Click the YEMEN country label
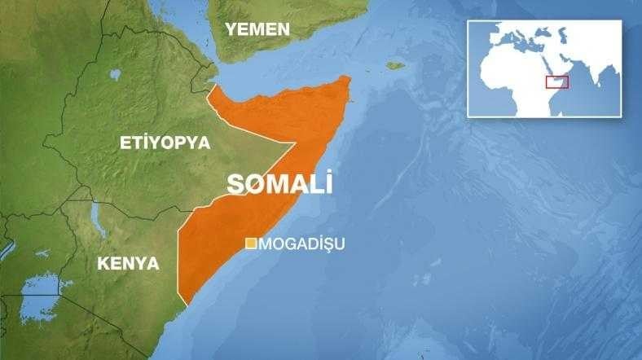[x=257, y=29]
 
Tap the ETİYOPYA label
[x=165, y=143]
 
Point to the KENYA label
[x=128, y=263]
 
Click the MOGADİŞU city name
[x=301, y=244]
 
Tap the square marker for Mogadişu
[x=252, y=243]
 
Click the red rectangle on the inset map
[x=556, y=81]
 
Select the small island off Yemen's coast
[x=396, y=65]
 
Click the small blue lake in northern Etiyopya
[x=116, y=74]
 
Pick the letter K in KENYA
[x=103, y=263]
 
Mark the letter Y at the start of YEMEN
[x=231, y=29]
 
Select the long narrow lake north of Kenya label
[x=97, y=217]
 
